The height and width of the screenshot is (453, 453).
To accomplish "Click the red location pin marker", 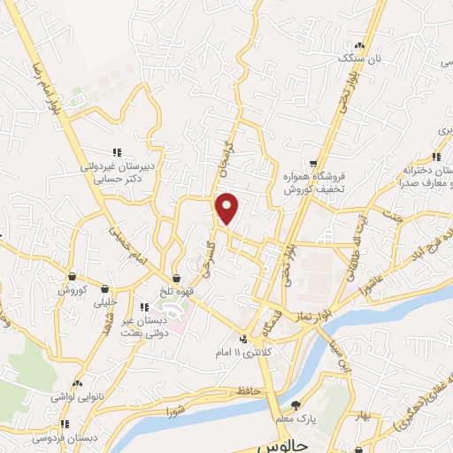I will point(228,209).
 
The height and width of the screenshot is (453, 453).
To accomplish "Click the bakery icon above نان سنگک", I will point(358,45).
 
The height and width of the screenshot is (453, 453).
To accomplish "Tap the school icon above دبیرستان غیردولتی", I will point(116,151).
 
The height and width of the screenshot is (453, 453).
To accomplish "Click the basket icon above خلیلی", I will point(105,288).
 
